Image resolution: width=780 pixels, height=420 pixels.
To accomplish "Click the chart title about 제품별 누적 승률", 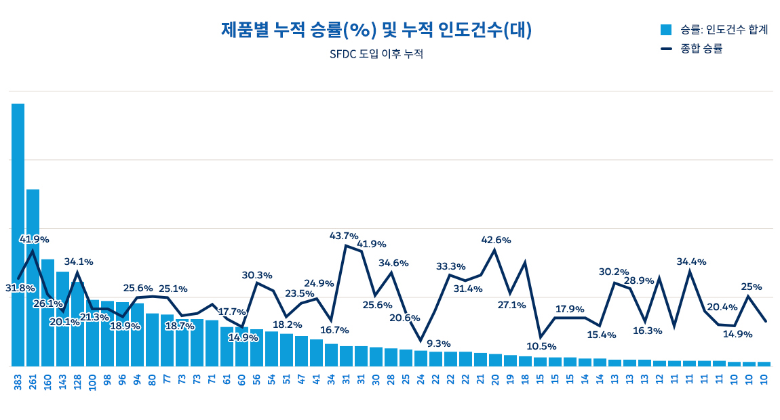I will pos(376,30).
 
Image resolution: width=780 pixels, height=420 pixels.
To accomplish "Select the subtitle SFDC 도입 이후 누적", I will pos(376,54).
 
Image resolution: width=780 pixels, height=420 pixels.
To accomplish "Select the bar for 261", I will pos(33,278).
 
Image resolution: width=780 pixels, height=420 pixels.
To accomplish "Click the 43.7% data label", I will pos(344,236).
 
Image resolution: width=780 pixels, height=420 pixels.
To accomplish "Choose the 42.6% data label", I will pos(496,240).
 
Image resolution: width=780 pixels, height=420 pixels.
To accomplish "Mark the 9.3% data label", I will pos(438,343).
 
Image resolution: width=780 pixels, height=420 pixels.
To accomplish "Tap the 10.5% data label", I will pos(541,346).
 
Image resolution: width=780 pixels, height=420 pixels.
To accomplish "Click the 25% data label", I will pos(752,287).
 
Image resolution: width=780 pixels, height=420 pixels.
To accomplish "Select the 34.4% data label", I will pos(691,261).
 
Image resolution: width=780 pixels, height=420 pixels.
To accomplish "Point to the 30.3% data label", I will pos(257,275).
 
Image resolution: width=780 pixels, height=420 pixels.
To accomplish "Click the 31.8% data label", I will pos(20,288).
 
